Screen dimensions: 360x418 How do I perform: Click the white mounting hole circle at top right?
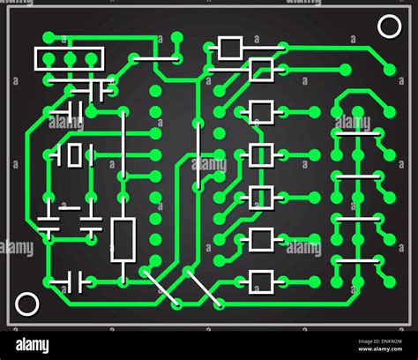tap(389, 26)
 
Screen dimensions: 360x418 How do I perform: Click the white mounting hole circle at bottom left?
tap(27, 305)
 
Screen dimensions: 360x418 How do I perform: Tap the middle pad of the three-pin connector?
tap(70, 59)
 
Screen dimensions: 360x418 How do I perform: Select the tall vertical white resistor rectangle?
tap(123, 239)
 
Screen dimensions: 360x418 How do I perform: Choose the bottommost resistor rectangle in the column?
tap(261, 281)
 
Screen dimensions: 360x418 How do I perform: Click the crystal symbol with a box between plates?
tap(72, 155)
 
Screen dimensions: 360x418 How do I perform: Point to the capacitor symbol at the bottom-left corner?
tap(71, 282)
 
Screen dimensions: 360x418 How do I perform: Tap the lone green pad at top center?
tap(176, 38)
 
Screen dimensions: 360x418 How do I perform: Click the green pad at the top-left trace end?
tap(48, 38)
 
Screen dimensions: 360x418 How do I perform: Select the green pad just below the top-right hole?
tap(390, 70)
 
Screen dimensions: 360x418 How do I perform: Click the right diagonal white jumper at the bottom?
tap(201, 287)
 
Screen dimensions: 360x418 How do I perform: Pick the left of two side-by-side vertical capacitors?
tap(49, 221)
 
